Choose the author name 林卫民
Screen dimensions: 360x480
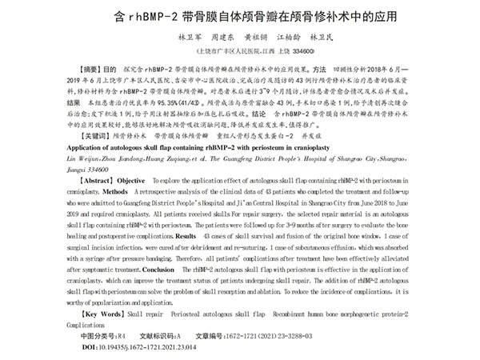click(324, 37)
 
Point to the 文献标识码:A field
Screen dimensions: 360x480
click(161, 337)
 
